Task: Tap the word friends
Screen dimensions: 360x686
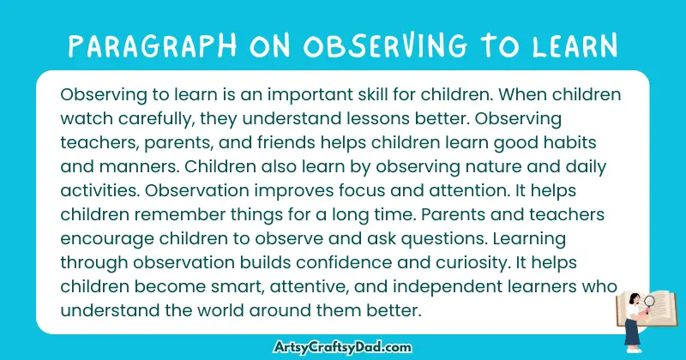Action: (280, 139)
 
